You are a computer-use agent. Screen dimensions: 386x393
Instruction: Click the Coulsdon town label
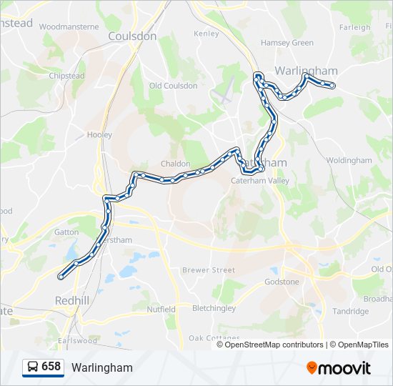tap(132, 36)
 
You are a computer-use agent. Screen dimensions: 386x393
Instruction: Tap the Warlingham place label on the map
tap(306, 71)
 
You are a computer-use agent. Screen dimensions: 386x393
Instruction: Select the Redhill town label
tap(72, 300)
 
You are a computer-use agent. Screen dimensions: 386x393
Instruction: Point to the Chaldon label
tap(175, 164)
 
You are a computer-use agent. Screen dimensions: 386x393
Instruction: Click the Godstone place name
tap(282, 282)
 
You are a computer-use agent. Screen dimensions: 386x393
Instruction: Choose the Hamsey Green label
tap(287, 43)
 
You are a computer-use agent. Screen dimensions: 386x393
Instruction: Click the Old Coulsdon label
tap(173, 86)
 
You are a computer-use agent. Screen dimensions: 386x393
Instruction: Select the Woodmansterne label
tap(69, 26)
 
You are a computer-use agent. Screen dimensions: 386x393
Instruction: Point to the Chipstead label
tap(68, 75)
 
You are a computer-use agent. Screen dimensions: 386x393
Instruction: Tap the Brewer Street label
tap(208, 270)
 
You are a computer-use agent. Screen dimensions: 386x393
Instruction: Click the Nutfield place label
tap(161, 310)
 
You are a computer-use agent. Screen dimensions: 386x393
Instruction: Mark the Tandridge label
tap(351, 311)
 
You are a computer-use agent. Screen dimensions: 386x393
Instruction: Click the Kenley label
tap(207, 34)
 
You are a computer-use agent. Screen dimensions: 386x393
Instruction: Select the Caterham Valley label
tap(259, 181)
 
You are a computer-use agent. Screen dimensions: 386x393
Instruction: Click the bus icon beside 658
tap(33, 367)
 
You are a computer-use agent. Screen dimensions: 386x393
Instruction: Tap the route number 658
tap(51, 367)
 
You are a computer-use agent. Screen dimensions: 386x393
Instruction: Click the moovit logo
tap(339, 367)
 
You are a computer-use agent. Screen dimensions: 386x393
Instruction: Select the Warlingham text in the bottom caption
tap(102, 367)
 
